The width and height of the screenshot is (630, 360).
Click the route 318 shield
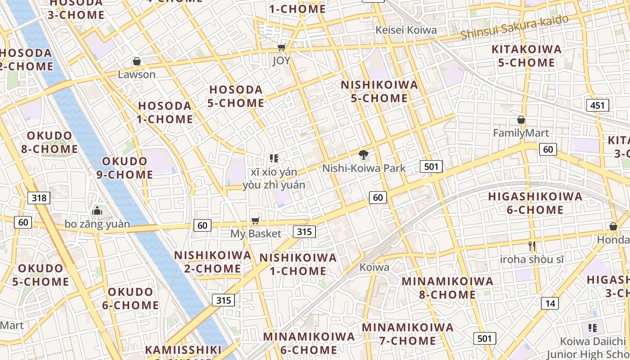39,198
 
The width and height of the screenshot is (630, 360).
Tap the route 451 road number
597,105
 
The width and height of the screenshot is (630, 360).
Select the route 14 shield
550,303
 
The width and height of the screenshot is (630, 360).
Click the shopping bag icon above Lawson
137,61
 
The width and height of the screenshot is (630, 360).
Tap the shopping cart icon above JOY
282,47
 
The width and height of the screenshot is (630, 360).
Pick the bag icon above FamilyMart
521,120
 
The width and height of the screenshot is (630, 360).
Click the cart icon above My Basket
255,220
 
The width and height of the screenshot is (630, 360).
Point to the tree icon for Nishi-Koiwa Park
363,155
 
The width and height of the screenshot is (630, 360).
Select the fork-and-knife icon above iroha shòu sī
532,246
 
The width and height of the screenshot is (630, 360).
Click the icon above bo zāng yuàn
97,210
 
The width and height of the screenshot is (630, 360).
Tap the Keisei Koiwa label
406,30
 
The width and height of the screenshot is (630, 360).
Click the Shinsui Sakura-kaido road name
514,27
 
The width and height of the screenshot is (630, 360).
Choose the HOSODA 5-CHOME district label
236,96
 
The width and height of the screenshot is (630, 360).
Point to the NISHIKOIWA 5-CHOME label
379,91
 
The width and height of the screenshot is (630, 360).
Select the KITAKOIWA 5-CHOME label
526,56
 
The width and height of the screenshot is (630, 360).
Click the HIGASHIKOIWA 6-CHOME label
535,203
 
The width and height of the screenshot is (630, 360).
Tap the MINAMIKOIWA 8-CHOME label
447,288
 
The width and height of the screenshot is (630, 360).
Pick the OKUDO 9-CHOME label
125,168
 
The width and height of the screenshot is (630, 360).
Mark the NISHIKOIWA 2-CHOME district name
212,262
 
